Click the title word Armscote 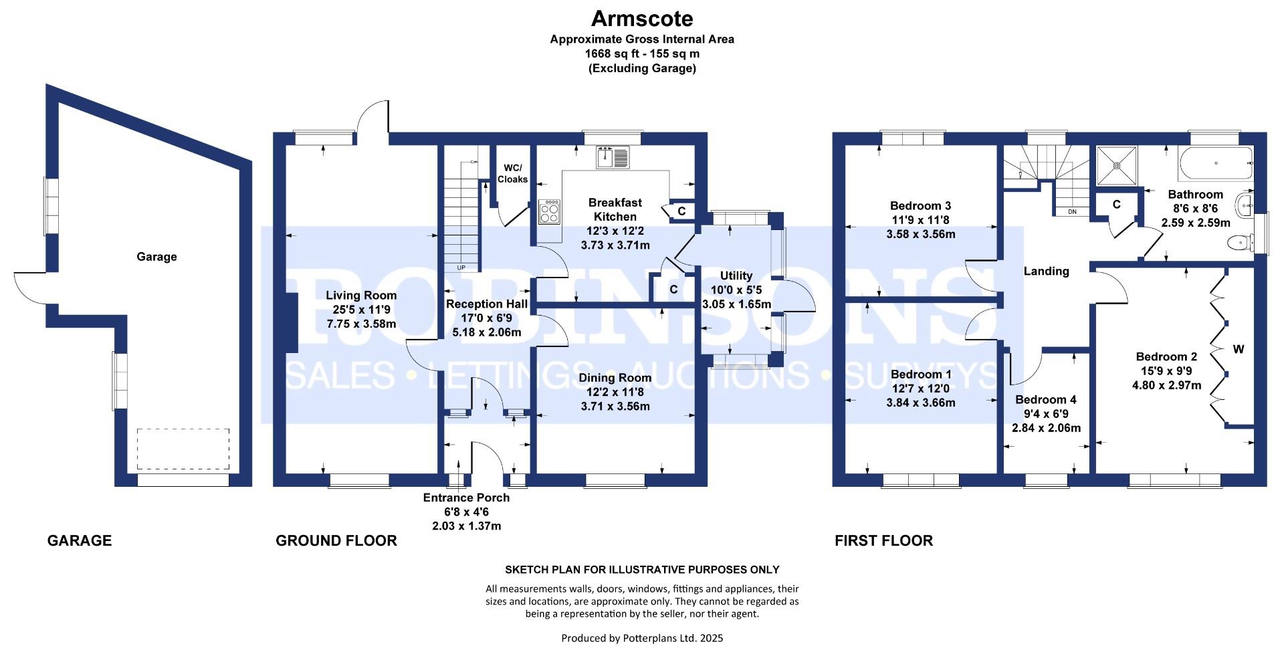point(642,18)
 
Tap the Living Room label point(361,295)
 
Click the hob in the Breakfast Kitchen point(550,212)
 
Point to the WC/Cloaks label point(512,173)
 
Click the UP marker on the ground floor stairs point(461,268)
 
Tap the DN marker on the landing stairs point(1073,212)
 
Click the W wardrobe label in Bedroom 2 point(1239,349)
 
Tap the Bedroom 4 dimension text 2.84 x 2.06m point(1046,428)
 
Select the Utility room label point(736,276)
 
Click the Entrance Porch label point(466,498)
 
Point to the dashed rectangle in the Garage point(183,449)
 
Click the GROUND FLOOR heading point(336,540)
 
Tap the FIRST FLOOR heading point(883,540)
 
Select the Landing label point(1047,271)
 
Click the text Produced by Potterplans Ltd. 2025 point(642,638)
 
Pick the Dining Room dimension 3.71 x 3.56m point(615,406)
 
